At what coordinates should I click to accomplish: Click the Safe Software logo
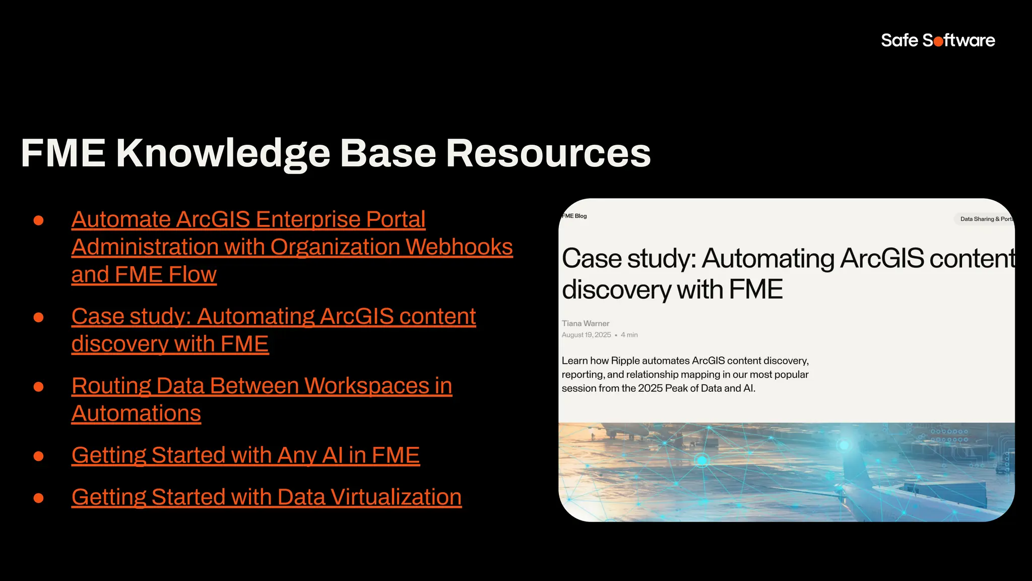(x=937, y=40)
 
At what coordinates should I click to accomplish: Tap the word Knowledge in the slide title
(x=223, y=153)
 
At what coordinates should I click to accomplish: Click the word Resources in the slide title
(x=548, y=153)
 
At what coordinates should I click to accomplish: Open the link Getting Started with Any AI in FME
(x=245, y=455)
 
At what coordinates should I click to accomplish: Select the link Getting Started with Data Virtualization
(x=266, y=497)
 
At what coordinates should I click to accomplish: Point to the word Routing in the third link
(x=111, y=386)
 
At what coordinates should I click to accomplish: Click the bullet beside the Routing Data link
(x=38, y=387)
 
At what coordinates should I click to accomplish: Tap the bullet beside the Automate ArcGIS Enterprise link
(x=38, y=220)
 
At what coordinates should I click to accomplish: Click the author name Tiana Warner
(x=585, y=323)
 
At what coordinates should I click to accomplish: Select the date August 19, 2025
(x=586, y=335)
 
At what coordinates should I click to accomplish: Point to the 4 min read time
(x=629, y=335)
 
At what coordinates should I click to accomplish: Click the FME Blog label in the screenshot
(x=574, y=216)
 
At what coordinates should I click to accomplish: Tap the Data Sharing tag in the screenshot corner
(x=985, y=219)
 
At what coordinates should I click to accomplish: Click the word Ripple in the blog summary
(x=625, y=361)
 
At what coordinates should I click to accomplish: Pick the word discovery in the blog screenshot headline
(x=616, y=290)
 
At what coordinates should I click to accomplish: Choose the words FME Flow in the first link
(x=165, y=275)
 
